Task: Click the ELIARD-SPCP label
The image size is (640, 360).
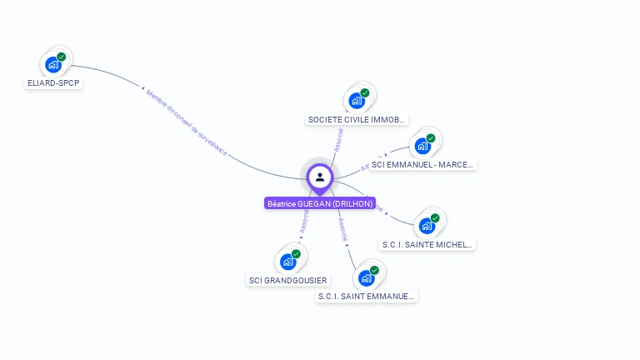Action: pos(54,83)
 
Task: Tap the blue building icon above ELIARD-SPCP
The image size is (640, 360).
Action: pos(53,64)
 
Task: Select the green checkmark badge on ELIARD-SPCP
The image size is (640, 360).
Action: pos(62,57)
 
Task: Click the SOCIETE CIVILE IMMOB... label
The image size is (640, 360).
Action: pos(357,119)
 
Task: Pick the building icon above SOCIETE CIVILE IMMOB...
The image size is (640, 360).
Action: pos(357,101)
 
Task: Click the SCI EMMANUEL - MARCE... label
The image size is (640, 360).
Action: pos(422,165)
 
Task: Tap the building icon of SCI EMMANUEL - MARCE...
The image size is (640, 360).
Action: pos(422,147)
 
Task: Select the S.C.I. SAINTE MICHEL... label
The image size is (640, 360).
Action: pos(427,244)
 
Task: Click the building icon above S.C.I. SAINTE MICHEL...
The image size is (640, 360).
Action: pos(427,225)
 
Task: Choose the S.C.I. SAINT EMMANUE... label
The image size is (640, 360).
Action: pos(367,296)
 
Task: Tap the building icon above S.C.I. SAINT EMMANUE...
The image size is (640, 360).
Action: pos(366,277)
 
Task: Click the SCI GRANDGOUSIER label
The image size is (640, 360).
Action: pos(288,280)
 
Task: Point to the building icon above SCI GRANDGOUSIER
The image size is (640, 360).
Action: pos(288,262)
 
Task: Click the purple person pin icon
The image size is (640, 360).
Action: pos(320,177)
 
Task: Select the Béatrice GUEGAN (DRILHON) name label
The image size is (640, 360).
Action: pos(320,203)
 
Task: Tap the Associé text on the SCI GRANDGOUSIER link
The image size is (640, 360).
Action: pos(303,220)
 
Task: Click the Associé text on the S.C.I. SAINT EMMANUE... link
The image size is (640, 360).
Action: pos(342,229)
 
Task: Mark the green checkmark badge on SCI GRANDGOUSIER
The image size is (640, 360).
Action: pos(297,254)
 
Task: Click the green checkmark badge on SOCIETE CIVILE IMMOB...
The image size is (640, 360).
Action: pos(365,93)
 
